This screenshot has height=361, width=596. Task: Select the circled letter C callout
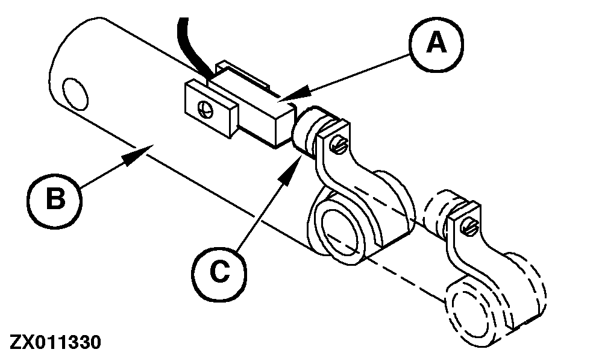[x=221, y=273]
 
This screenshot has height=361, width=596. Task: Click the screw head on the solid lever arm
[x=342, y=143]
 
